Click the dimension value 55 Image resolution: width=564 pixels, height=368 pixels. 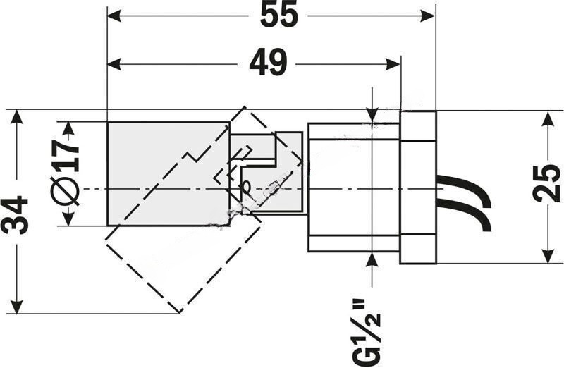278,16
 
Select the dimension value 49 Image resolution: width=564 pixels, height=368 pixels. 268,64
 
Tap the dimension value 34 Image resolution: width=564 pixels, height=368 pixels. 16,214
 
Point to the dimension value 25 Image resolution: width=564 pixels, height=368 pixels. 547,185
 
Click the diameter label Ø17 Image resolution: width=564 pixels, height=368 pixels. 66,172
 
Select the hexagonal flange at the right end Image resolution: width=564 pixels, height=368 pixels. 418,187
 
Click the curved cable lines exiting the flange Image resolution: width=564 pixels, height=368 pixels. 465,201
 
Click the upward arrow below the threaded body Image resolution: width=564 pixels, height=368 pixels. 372,259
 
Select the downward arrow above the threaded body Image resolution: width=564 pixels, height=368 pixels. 372,116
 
